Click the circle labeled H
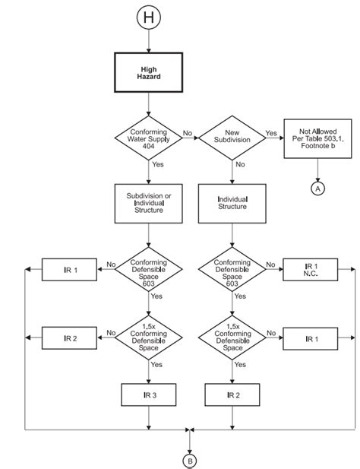(x=149, y=18)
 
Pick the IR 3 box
(x=149, y=394)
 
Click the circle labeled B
(x=190, y=460)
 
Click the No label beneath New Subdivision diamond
(x=239, y=163)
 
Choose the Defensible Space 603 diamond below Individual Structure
(x=231, y=269)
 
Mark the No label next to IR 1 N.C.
(x=270, y=265)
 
